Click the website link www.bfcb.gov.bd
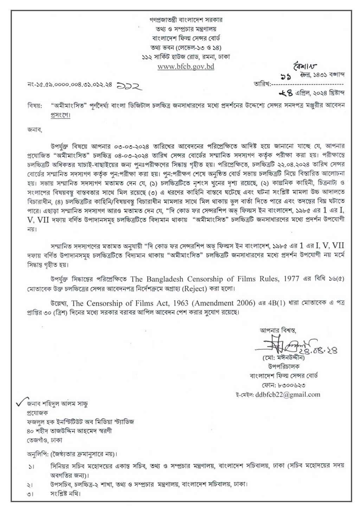186,66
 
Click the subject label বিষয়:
34,105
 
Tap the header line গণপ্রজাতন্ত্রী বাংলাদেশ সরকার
186,20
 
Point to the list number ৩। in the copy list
32,494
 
